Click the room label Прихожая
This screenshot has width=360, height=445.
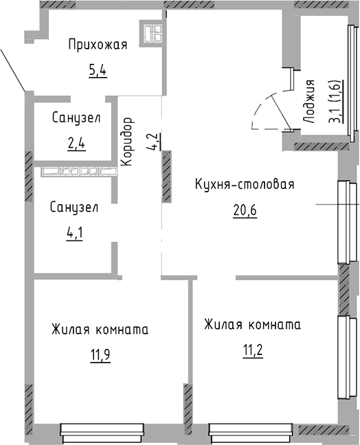click(x=98, y=46)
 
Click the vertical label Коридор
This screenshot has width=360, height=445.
click(x=126, y=141)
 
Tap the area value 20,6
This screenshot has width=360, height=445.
click(x=244, y=210)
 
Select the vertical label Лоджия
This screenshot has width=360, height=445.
click(x=309, y=101)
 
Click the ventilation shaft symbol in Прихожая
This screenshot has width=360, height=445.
click(x=153, y=32)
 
